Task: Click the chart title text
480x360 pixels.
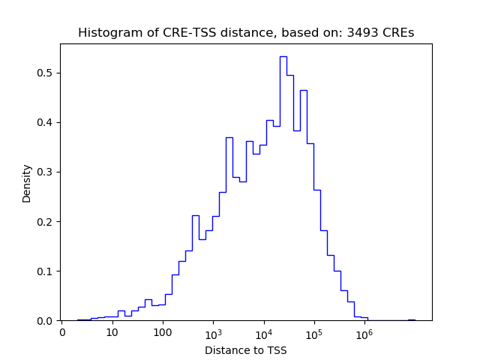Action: (246, 33)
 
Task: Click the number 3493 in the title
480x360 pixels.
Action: (364, 33)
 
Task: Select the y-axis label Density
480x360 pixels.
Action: (27, 183)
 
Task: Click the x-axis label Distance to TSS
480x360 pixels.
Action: (246, 350)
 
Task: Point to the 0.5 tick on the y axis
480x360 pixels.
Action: (46, 73)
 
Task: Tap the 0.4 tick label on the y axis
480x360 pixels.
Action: (46, 122)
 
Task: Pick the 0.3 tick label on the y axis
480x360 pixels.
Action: (46, 172)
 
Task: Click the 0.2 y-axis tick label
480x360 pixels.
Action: (46, 221)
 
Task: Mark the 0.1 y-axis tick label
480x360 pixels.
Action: (46, 271)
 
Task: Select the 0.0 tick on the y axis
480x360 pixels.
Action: (46, 320)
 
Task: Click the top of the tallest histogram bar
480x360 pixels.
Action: (283, 56)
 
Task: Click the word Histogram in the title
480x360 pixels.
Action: (106, 33)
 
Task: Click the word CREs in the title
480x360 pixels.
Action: (398, 33)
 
